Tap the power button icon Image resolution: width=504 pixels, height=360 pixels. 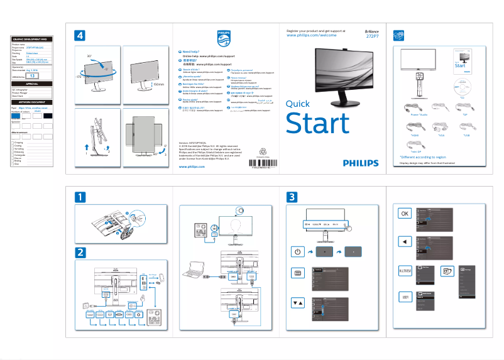point(299,252)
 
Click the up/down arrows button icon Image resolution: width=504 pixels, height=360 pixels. point(299,302)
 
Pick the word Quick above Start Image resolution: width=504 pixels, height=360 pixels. point(297,104)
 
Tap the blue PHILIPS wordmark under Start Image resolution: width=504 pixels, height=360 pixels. point(361,163)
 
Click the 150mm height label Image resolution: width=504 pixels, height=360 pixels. point(158,84)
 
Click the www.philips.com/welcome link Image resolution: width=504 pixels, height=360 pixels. point(312,36)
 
